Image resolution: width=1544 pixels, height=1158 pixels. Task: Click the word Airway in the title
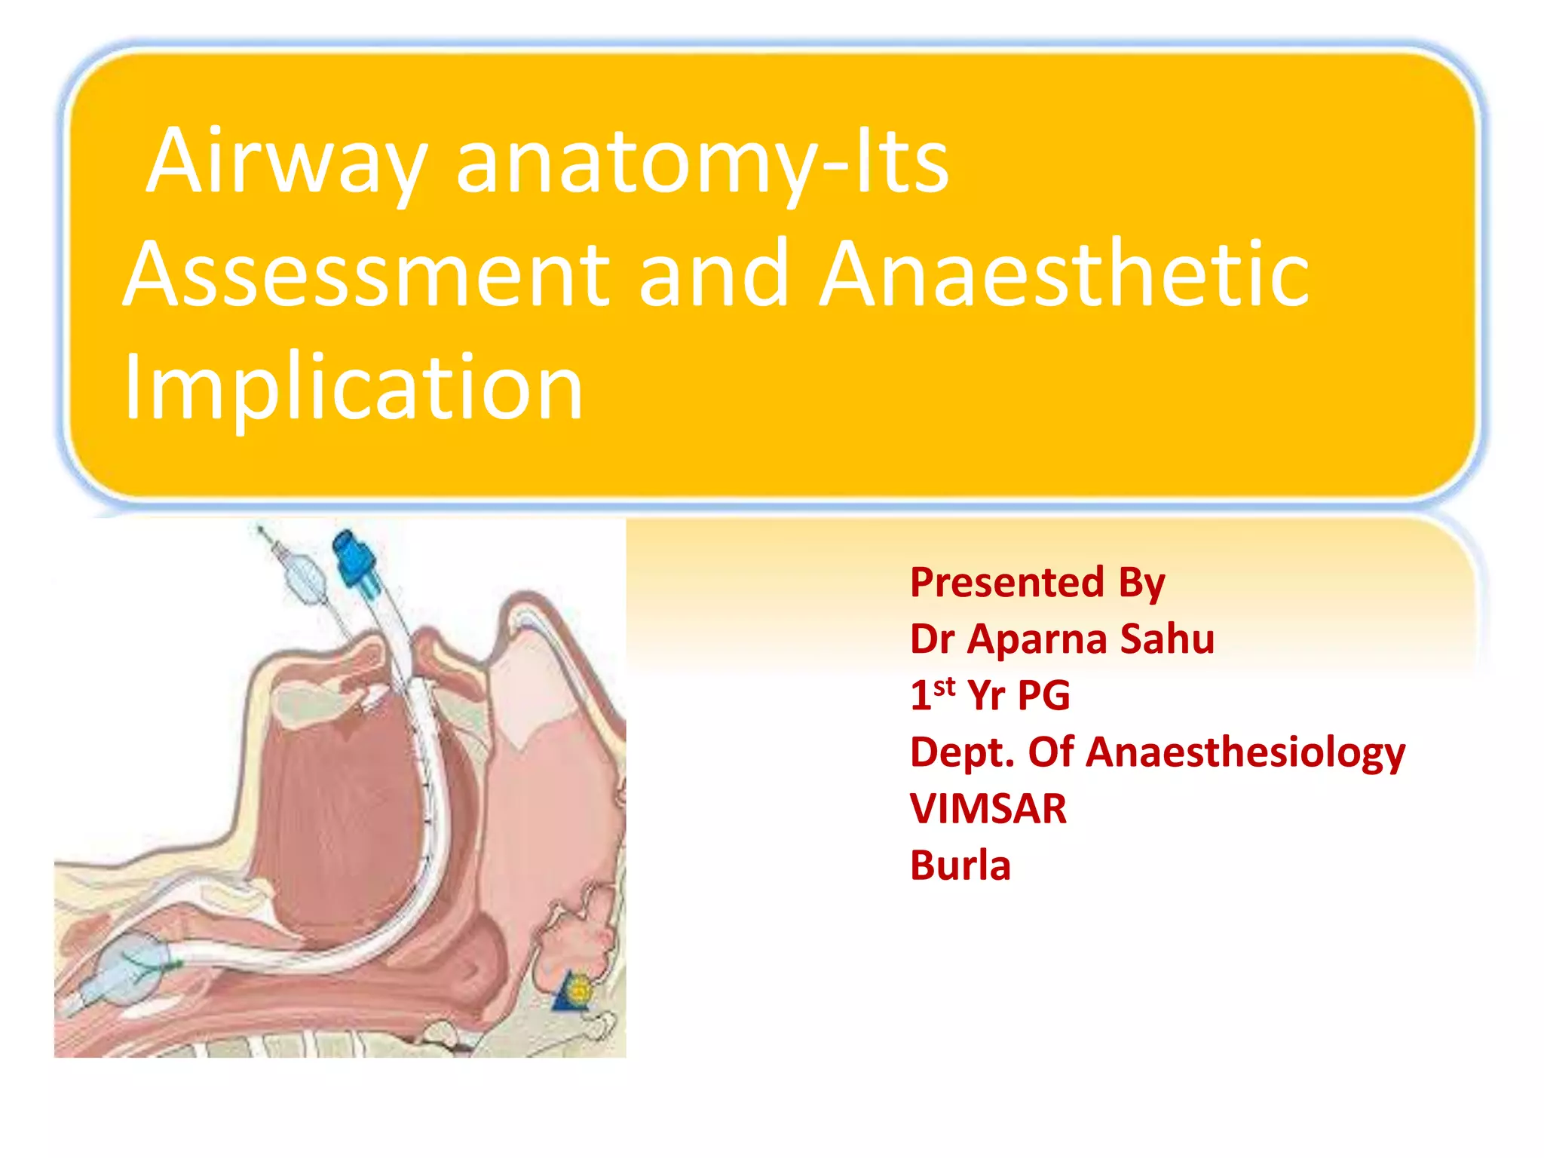[x=286, y=162]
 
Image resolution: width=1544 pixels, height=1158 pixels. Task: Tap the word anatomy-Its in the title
[x=701, y=162]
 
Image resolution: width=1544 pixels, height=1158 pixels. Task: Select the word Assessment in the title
[x=366, y=275]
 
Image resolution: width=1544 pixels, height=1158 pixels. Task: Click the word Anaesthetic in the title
[x=1063, y=275]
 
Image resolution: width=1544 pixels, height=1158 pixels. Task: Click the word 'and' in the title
[x=712, y=275]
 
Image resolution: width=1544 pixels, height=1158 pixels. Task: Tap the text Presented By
[x=1037, y=583]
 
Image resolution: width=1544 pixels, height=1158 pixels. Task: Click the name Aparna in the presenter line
[x=1037, y=639]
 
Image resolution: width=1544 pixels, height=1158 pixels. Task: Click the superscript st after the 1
[x=944, y=686]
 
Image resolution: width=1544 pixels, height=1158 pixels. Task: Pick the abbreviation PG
[x=1043, y=695]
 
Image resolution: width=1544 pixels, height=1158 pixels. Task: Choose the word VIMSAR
[x=988, y=809]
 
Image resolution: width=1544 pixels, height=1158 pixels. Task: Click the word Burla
[x=960, y=865]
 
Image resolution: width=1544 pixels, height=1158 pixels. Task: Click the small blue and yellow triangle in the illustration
[x=573, y=991]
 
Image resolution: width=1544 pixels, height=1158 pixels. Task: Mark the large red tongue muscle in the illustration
[x=339, y=814]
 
